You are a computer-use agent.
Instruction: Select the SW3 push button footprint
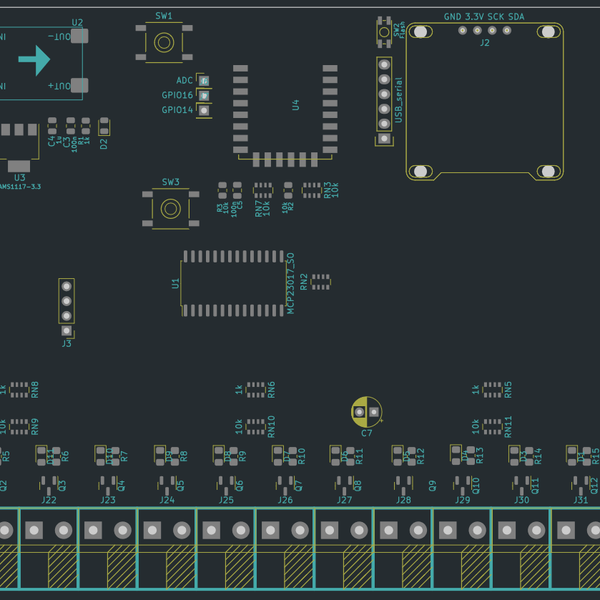[171, 208]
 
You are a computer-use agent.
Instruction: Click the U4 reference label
[295, 104]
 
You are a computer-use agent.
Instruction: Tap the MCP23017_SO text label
[291, 284]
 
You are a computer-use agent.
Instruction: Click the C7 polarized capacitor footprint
[366, 410]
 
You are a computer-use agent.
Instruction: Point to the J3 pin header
[67, 306]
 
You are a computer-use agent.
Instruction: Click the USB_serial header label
[398, 101]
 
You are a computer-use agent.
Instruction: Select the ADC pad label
[185, 80]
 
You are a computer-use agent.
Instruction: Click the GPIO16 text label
[177, 95]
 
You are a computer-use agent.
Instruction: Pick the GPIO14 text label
[177, 110]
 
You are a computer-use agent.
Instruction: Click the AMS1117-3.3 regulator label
[19, 186]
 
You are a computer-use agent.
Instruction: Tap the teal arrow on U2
[34, 61]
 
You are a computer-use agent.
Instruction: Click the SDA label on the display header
[516, 17]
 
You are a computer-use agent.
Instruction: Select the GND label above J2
[453, 17]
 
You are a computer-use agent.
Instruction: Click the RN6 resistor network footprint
[256, 388]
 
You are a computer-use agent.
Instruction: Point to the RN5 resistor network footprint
[492, 388]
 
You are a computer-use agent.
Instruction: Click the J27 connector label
[344, 499]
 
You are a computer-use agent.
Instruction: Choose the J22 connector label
[49, 499]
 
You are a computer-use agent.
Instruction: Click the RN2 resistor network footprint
[320, 281]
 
